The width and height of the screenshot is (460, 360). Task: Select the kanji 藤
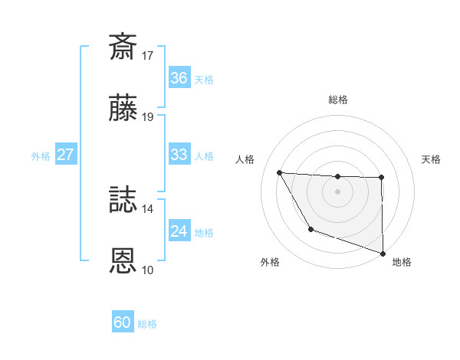pyautogui.click(x=123, y=112)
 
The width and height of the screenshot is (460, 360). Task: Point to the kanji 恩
pyautogui.click(x=123, y=262)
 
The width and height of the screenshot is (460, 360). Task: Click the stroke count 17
pyautogui.click(x=148, y=55)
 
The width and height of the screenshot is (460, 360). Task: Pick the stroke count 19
pyautogui.click(x=148, y=117)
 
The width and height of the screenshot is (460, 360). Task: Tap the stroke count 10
pyautogui.click(x=148, y=270)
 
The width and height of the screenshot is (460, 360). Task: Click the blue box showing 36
pyautogui.click(x=179, y=78)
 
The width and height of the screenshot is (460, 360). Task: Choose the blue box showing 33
pyautogui.click(x=179, y=155)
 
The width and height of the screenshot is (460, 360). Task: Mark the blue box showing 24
pyautogui.click(x=179, y=231)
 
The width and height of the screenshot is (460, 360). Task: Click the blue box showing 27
pyautogui.click(x=66, y=155)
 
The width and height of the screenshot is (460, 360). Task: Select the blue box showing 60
pyautogui.click(x=123, y=322)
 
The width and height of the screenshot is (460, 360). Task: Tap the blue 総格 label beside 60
pyautogui.click(x=147, y=324)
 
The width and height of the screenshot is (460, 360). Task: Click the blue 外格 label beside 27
pyautogui.click(x=41, y=156)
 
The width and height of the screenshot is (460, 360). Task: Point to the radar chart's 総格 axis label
pyautogui.click(x=338, y=100)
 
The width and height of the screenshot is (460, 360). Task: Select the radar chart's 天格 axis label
pyautogui.click(x=432, y=159)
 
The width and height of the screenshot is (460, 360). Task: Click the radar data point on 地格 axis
pyautogui.click(x=383, y=253)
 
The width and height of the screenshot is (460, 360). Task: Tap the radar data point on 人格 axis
pyautogui.click(x=280, y=172)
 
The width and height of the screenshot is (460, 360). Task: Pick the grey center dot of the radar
pyautogui.click(x=338, y=191)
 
